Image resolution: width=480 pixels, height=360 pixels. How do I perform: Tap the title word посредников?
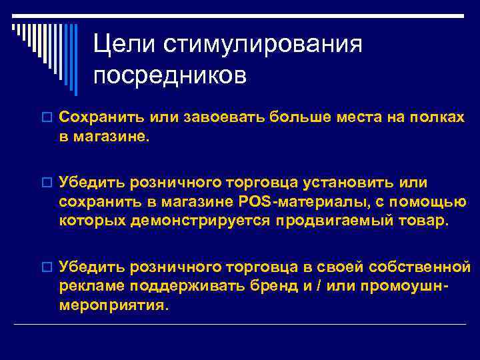[169, 75]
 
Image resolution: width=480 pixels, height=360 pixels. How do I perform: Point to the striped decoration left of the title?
[40, 47]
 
